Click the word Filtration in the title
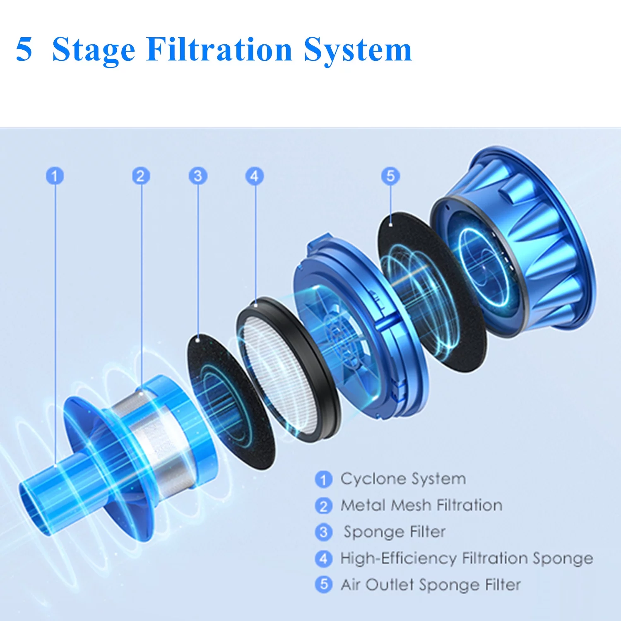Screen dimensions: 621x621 tap(219, 49)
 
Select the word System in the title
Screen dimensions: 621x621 tap(358, 51)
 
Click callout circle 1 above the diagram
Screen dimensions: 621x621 tap(55, 176)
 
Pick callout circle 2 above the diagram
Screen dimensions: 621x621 tap(141, 176)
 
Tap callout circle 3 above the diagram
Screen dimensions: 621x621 tap(198, 176)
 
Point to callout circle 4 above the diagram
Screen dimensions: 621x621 tap(255, 176)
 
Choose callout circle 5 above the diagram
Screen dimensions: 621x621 tap(390, 176)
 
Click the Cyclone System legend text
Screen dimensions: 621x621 tap(403, 479)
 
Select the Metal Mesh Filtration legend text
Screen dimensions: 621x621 tap(421, 505)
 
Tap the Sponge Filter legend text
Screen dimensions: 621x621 tap(395, 532)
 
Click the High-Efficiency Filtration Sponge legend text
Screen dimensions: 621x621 tap(467, 558)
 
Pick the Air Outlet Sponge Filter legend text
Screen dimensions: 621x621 tap(431, 585)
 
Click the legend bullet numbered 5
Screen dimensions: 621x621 tap(324, 585)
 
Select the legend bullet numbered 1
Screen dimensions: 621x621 tap(324, 479)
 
